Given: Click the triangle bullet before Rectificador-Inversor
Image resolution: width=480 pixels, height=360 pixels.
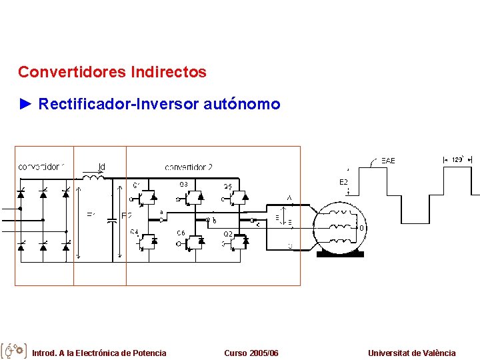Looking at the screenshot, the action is point(25,104).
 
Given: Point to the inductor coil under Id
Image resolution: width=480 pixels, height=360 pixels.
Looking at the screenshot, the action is point(94,177).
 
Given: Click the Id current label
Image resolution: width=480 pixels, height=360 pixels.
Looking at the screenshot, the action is point(101,167).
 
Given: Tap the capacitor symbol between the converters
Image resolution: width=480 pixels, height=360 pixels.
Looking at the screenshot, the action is point(111,221).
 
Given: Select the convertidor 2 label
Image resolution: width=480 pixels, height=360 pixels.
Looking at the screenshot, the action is point(189,167).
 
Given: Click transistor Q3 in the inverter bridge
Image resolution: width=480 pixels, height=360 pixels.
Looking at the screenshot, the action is point(193,196).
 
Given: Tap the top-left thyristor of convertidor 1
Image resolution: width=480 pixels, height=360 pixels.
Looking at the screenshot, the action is point(21,194).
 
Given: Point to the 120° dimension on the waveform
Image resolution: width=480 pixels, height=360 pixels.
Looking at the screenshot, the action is point(457,160).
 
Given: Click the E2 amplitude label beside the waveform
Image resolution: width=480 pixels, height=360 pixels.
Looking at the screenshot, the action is point(343,182).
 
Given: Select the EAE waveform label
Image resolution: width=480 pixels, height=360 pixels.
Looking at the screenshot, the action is point(388,161).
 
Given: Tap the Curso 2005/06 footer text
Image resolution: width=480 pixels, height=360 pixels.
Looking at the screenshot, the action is point(251,353).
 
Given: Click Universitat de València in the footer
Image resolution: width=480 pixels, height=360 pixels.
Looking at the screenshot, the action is point(411,353).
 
